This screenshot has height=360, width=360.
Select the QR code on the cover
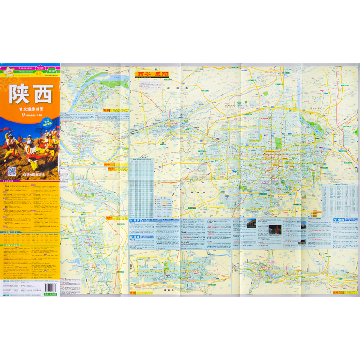tap(12, 171)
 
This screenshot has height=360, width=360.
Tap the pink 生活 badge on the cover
tap(40, 67)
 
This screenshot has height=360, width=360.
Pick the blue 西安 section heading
tap(135, 220)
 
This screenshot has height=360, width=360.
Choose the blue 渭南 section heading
tap(135, 236)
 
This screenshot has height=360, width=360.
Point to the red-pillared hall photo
tap(275, 230)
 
